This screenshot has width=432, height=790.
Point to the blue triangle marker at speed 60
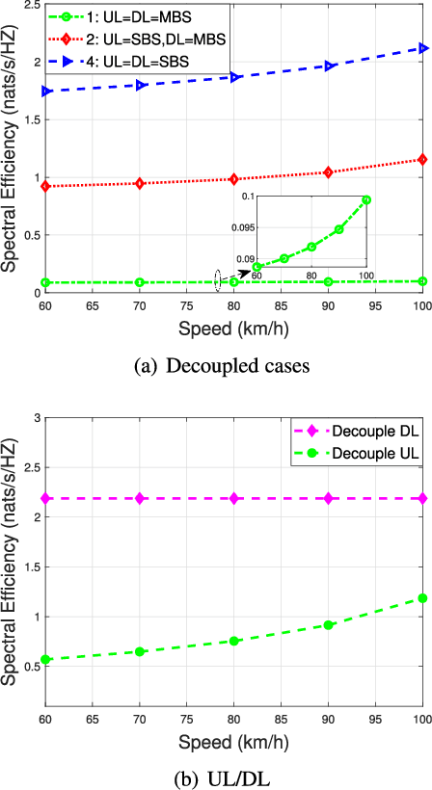click(x=46, y=91)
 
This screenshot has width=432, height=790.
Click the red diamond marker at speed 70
click(x=141, y=183)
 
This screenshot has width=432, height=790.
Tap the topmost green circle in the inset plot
click(x=366, y=199)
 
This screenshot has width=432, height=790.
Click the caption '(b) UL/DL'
click(x=216, y=769)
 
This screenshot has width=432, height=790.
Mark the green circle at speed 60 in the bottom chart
click(x=46, y=659)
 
